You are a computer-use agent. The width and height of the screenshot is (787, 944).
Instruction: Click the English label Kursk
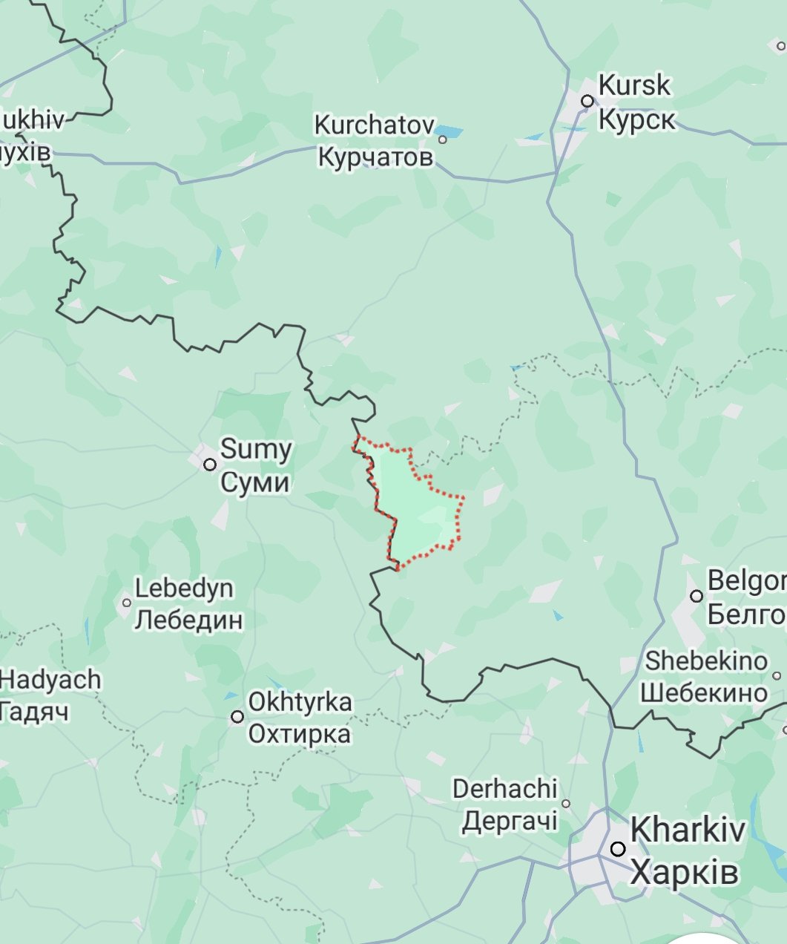[x=633, y=85]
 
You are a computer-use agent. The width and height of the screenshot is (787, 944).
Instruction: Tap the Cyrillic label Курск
[x=636, y=119]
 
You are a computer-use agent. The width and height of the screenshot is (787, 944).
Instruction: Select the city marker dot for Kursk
[x=587, y=101]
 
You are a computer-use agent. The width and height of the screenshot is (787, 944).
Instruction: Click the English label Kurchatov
[x=374, y=125]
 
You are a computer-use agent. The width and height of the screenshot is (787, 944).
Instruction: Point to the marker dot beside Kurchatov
[x=443, y=139]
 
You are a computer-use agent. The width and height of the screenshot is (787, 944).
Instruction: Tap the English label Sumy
[x=256, y=449]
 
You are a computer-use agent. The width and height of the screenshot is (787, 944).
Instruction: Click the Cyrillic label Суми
[x=254, y=482]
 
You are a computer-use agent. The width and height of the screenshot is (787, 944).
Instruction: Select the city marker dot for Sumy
[x=210, y=465]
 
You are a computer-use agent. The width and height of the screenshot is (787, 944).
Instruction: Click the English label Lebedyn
[x=184, y=589]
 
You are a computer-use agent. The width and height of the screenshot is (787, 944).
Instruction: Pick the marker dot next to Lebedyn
[x=126, y=603]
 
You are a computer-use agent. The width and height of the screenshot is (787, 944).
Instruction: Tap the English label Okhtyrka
[x=300, y=702]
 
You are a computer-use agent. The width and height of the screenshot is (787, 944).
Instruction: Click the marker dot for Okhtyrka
[x=237, y=716]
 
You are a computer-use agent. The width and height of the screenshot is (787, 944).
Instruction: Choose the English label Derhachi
[x=504, y=788]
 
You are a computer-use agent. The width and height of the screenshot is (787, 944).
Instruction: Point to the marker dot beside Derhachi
[x=566, y=803]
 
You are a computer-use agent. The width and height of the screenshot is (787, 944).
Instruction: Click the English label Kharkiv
[x=687, y=830]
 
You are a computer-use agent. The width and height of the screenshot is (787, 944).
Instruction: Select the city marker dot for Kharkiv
[x=618, y=849]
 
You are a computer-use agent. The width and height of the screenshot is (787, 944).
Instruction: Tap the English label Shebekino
[x=705, y=661]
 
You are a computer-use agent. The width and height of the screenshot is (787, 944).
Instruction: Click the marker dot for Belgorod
[x=696, y=596]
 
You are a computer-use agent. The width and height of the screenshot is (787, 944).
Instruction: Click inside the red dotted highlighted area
[x=415, y=512]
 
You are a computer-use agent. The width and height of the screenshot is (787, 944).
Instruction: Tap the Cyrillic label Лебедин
[x=188, y=620]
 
